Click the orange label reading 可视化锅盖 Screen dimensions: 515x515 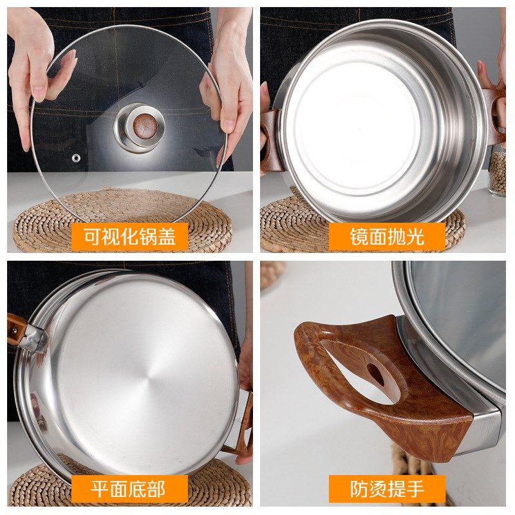coord(129,236)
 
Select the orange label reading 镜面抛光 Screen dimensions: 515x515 coord(387,236)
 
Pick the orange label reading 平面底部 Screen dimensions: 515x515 coord(129,489)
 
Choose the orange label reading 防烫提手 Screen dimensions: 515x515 coord(387,489)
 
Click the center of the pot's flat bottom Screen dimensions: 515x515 coord(136,380)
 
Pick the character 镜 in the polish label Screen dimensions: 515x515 coord(359,236)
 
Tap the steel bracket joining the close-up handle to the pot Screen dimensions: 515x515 coord(486,425)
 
